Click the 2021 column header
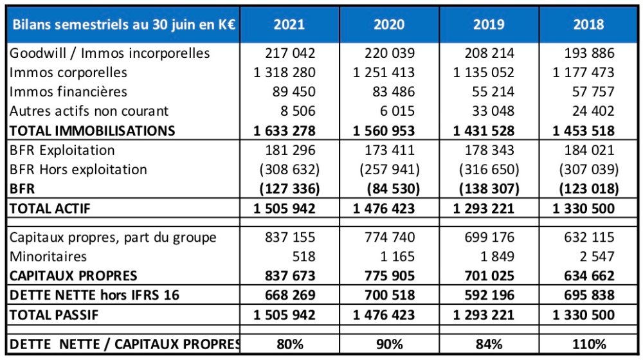pyautogui.click(x=289, y=25)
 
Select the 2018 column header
pyautogui.click(x=588, y=25)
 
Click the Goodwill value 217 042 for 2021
pyautogui.click(x=290, y=53)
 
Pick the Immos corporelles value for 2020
pyautogui.click(x=384, y=73)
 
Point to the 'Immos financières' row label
pyautogui.click(x=68, y=92)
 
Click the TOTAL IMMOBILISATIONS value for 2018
pyautogui.click(x=583, y=131)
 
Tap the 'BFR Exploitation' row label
pyautogui.click(x=62, y=150)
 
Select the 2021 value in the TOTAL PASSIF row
pyautogui.click(x=284, y=315)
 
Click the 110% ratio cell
pyautogui.click(x=588, y=343)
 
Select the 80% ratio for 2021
pyautogui.click(x=289, y=343)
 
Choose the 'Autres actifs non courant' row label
pyautogui.click(x=89, y=111)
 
